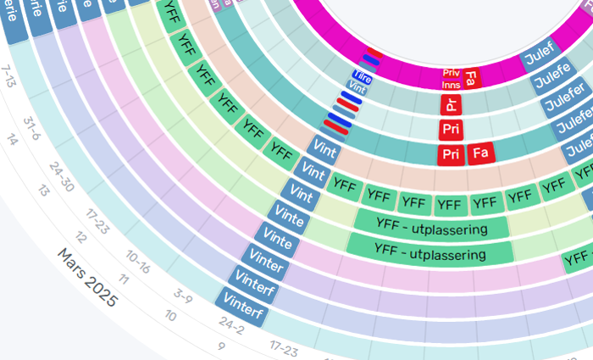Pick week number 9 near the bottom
[x=220, y=346]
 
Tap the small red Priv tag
[x=451, y=73]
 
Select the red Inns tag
[x=451, y=85]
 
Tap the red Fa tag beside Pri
[x=480, y=154]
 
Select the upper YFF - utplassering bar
[x=430, y=229]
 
